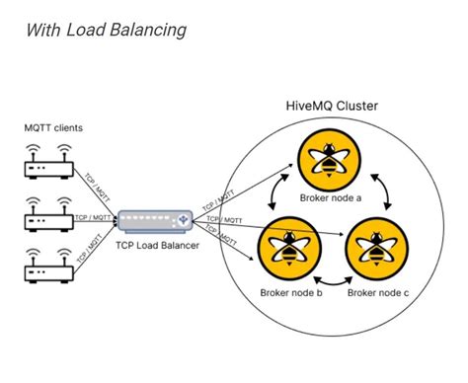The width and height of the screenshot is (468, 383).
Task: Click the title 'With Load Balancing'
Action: click(107, 31)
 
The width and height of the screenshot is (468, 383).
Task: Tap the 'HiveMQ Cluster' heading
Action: click(330, 106)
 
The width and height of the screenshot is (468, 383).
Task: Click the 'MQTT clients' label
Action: click(55, 127)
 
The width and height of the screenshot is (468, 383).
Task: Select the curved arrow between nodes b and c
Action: click(330, 281)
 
